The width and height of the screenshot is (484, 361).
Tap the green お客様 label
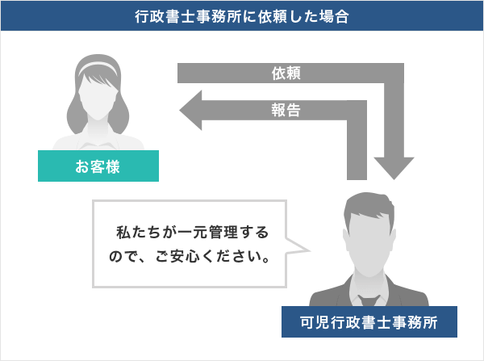(x=98, y=168)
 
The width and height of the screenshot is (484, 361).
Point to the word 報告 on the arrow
(x=287, y=111)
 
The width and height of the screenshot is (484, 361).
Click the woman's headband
(x=98, y=63)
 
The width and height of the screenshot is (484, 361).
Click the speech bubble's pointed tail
(x=300, y=248)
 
